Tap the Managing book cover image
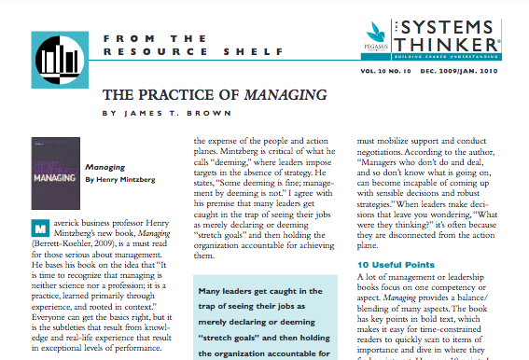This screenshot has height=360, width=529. pos(54,165)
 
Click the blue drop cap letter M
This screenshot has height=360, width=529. pos(38,228)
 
